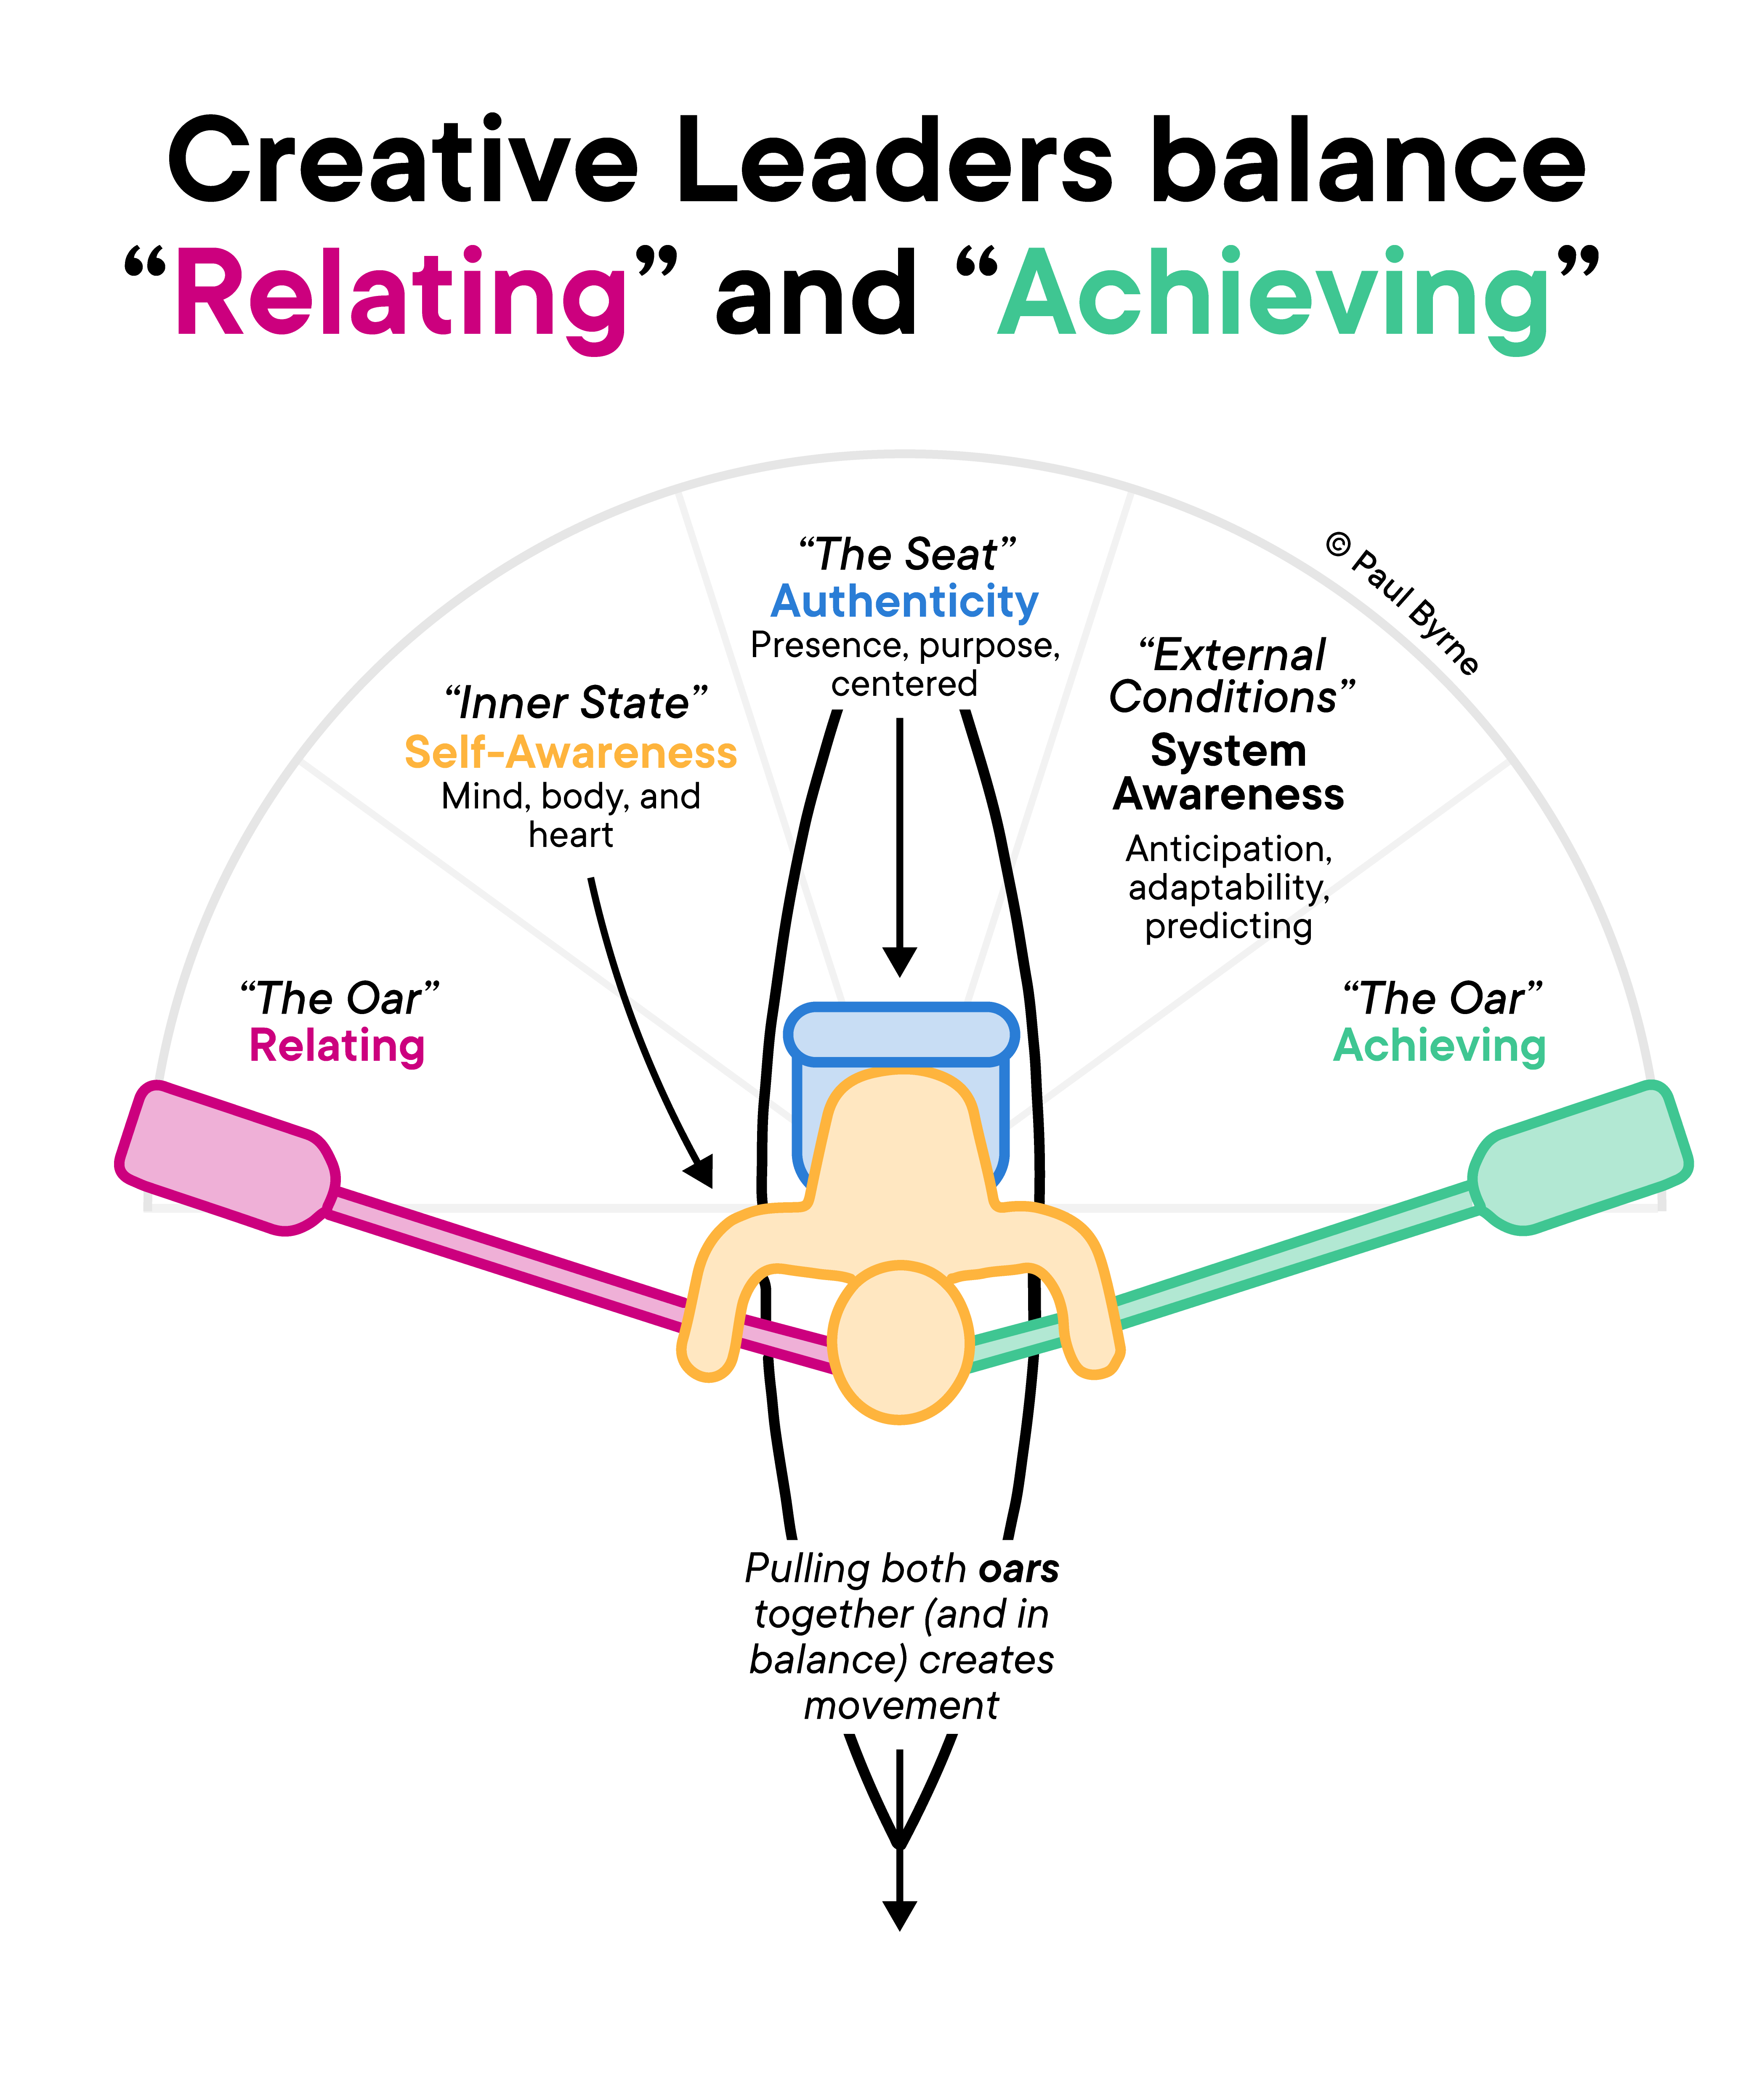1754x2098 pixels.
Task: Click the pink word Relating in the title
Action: (x=399, y=295)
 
